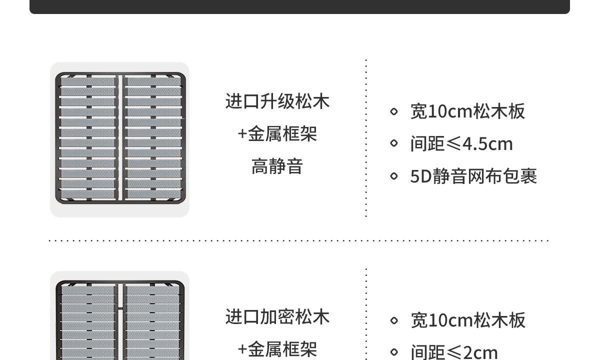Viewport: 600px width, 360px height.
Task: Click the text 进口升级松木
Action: (x=277, y=101)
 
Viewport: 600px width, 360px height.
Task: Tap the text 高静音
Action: (x=277, y=166)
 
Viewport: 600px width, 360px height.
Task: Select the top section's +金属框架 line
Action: (x=277, y=134)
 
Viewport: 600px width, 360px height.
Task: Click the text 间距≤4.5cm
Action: (x=461, y=144)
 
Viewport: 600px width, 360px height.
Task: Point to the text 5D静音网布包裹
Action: (x=473, y=176)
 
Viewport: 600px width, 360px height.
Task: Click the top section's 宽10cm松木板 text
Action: (x=467, y=111)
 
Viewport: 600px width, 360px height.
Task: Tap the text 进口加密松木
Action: (x=277, y=317)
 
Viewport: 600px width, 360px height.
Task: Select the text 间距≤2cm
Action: (x=453, y=352)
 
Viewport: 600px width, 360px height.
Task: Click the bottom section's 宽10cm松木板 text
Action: (x=467, y=320)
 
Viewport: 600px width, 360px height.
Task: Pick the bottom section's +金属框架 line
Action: (x=277, y=349)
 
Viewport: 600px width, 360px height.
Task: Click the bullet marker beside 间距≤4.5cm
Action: (x=394, y=143)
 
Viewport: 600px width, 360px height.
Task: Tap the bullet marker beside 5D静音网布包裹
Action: (x=394, y=176)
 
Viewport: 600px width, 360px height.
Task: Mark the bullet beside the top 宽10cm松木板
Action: (x=394, y=111)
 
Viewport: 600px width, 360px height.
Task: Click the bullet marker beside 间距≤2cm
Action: (x=394, y=352)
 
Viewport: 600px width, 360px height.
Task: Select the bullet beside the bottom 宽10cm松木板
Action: (x=394, y=320)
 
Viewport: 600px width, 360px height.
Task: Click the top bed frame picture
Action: (x=120, y=139)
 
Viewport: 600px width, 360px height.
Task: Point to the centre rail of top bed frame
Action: (x=120, y=138)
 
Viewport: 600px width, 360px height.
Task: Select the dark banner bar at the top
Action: (x=299, y=6)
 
